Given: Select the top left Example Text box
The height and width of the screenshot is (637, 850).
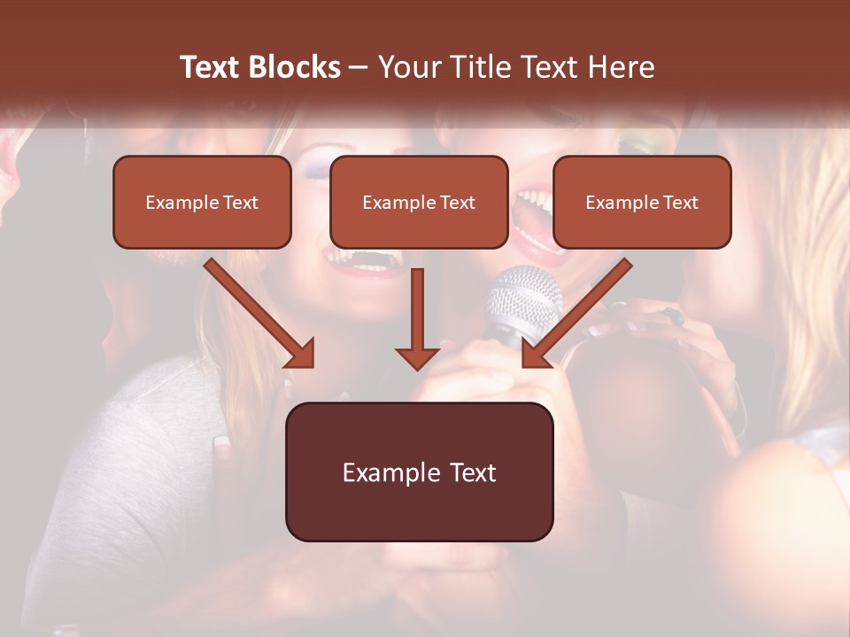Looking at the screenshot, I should click(202, 202).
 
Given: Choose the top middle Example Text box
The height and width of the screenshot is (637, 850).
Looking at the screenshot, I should click(419, 202).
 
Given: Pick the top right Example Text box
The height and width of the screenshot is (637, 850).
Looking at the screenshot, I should click(642, 202).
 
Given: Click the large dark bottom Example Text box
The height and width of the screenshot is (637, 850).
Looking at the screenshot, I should click(419, 472).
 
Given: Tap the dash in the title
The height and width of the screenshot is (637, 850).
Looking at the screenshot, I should click(359, 67).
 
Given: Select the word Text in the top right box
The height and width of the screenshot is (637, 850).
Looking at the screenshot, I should click(680, 203).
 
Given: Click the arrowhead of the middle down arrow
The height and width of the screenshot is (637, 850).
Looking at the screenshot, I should click(417, 357).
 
